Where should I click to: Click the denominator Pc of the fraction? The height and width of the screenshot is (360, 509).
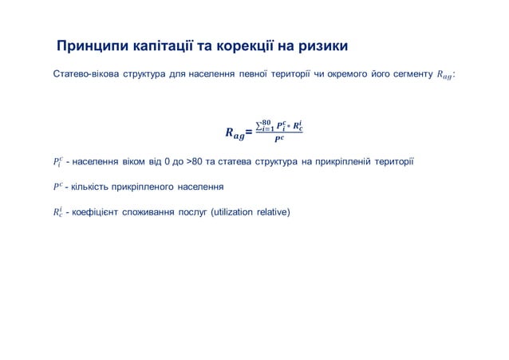click(x=278, y=140)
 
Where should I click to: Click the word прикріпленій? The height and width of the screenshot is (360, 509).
click(x=341, y=163)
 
